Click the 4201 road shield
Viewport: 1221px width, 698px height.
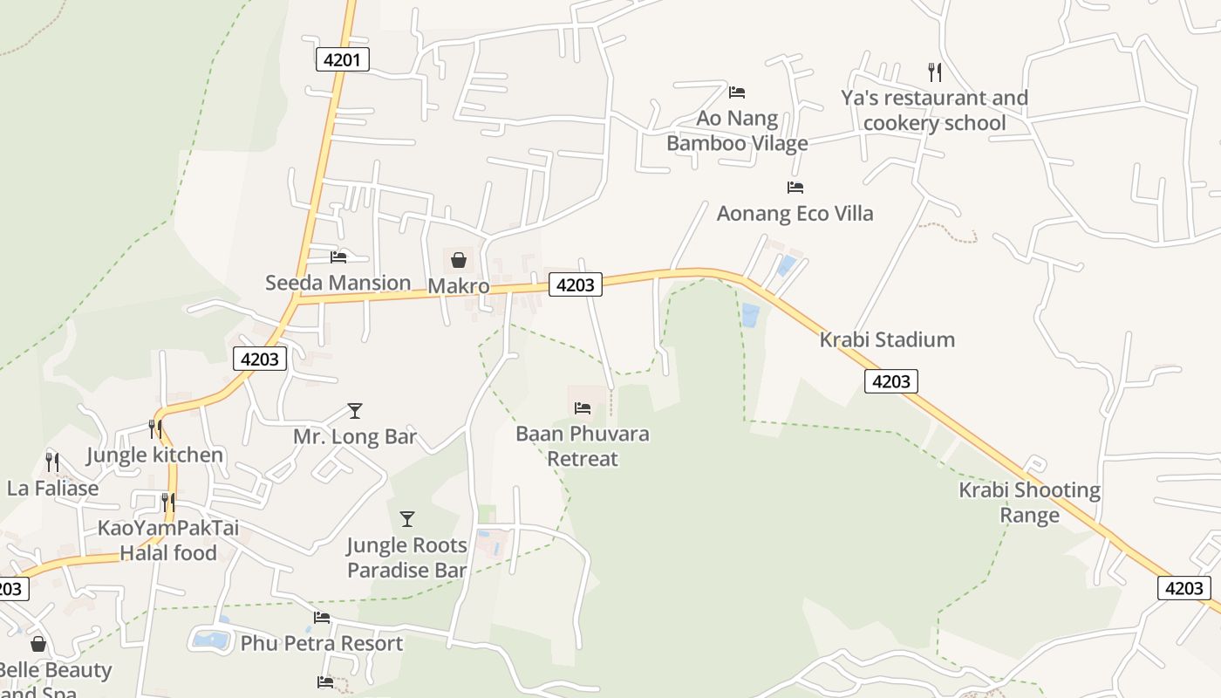342,59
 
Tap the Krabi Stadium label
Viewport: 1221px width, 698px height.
887,339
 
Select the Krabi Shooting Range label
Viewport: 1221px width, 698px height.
1029,502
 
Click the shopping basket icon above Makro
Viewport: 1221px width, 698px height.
458,259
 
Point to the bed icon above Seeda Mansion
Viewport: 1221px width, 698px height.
338,257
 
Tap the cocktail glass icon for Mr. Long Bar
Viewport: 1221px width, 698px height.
354,410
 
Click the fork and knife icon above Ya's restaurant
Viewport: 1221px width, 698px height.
934,72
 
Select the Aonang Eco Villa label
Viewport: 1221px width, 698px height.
795,213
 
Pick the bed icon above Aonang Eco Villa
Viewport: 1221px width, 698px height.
795,187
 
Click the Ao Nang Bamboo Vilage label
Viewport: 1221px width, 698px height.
737,130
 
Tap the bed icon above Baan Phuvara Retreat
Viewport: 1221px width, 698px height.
583,407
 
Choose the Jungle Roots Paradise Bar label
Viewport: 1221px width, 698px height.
406,558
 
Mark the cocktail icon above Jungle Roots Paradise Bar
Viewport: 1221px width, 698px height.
406,519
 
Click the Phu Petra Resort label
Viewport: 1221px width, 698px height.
321,644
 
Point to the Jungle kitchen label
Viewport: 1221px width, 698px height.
154,455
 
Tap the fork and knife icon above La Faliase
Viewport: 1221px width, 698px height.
52,462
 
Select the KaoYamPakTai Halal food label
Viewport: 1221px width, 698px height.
168,540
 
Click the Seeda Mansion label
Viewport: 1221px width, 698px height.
338,283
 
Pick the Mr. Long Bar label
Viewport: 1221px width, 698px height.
355,436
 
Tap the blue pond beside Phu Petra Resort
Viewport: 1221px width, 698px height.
210,640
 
